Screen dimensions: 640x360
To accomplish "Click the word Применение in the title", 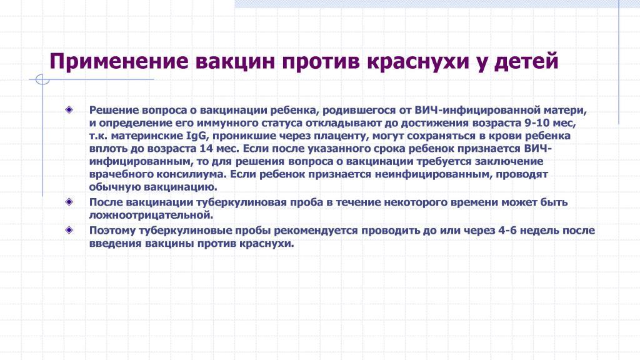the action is pos(119,62).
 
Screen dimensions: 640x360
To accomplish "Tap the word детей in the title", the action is pos(526,62).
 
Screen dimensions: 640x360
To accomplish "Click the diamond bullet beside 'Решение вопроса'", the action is pos(69,109).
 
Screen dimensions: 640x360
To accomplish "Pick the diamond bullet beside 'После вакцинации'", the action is pos(69,201).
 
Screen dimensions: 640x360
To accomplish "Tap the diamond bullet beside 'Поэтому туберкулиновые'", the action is pos(69,230).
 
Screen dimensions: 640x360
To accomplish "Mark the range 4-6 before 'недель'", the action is pos(507,230).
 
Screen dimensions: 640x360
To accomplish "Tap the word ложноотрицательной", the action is pos(151,215).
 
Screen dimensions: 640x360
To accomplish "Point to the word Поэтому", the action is pos(112,231).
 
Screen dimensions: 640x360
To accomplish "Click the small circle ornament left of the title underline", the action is pos(42,79).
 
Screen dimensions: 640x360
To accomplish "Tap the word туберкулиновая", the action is pos(241,202).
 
